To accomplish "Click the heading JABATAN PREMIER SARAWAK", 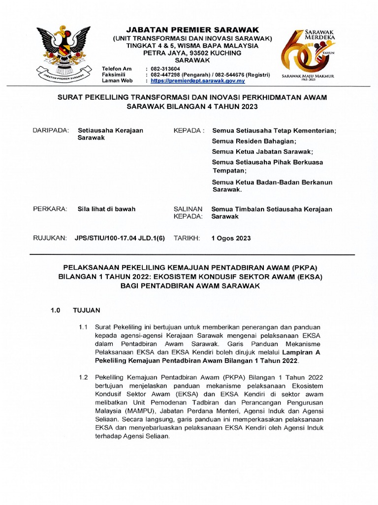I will pyautogui.click(x=192, y=30).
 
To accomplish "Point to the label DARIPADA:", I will pyautogui.click(x=50, y=130).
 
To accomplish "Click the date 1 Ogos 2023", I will pyautogui.click(x=231, y=238).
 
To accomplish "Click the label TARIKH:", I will pyautogui.click(x=187, y=238).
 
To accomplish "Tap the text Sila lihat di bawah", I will pyautogui.click(x=106, y=209).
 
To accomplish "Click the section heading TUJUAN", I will pyautogui.click(x=86, y=311).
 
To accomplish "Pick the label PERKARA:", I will pyautogui.click(x=49, y=209).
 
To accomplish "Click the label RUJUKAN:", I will pyautogui.click(x=49, y=238).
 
